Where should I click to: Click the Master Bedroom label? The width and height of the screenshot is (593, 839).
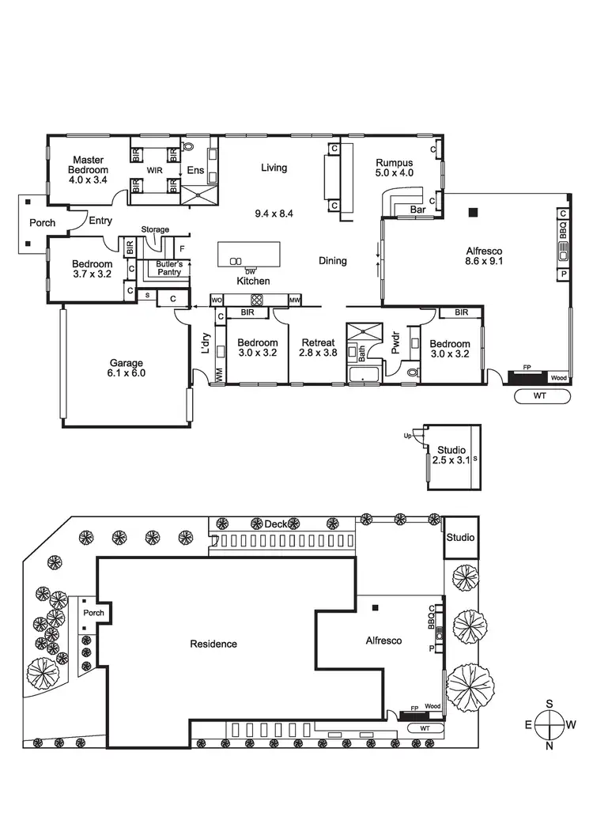(87, 164)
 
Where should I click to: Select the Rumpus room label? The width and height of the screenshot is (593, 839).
(394, 167)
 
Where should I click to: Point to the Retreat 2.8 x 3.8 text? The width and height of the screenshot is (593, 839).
(318, 348)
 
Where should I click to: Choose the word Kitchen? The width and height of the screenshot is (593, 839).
(253, 281)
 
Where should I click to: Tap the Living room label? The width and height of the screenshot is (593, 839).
(274, 168)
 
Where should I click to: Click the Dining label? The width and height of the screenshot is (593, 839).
(332, 260)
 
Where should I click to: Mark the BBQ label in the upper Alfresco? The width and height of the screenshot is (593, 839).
(564, 230)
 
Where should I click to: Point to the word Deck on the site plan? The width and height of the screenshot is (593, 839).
(275, 523)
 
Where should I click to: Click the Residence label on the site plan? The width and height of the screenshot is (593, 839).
(213, 644)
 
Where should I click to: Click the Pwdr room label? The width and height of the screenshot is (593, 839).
(397, 349)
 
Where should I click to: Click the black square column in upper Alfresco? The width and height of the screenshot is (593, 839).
(473, 211)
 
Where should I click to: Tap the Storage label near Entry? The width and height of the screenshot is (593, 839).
(155, 229)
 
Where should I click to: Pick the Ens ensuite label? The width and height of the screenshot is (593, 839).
(195, 170)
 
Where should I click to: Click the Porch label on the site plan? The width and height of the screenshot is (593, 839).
(93, 613)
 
